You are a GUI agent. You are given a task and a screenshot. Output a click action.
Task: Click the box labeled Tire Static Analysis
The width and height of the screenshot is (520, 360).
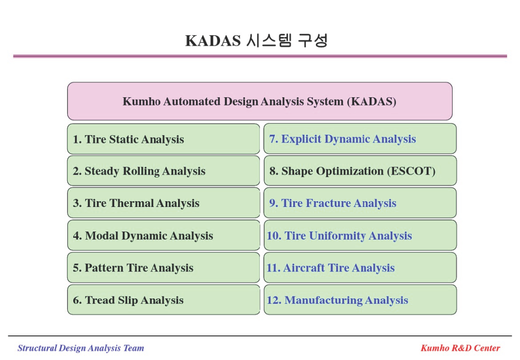point(164,139)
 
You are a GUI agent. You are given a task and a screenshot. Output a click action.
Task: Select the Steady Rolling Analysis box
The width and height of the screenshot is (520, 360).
point(164,171)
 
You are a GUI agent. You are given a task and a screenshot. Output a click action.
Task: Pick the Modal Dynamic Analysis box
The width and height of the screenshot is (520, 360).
point(164,235)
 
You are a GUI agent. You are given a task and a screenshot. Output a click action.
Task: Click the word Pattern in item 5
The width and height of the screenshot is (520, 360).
point(104,268)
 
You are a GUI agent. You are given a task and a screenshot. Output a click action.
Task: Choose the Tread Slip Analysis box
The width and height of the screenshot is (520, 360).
point(164,300)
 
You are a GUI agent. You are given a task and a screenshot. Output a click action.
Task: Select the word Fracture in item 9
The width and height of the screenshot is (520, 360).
point(328,203)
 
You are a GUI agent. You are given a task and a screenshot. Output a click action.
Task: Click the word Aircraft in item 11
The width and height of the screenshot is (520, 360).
point(304,268)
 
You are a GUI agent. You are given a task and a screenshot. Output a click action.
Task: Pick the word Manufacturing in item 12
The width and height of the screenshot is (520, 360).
point(324,300)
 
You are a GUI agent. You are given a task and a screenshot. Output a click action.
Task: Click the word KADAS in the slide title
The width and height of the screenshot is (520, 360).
point(213,41)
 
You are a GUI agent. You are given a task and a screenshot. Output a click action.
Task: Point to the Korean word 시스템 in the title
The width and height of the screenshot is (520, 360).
point(269,40)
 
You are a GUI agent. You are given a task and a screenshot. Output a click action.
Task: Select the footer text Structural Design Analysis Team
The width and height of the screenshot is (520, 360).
point(80,348)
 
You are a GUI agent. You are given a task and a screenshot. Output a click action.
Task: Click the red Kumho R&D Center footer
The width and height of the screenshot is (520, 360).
point(460,348)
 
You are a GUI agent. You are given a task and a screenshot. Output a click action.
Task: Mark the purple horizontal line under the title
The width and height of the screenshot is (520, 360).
point(260,56)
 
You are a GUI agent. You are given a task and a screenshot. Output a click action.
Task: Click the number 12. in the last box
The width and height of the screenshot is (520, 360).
point(274,300)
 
